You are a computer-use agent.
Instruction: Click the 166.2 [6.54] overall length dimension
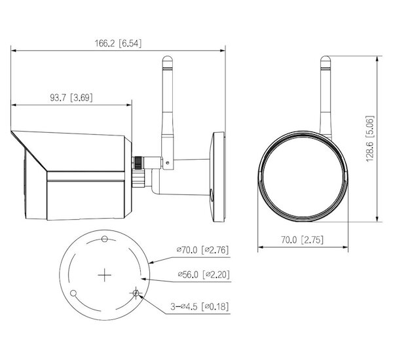pos(118,43)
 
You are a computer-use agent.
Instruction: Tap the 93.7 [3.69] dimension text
pos(71,98)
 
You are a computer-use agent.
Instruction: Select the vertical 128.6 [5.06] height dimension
pos(370,139)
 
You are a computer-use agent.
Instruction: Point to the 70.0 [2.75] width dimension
pos(302,240)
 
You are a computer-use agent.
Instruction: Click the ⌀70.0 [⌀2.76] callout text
pos(202,250)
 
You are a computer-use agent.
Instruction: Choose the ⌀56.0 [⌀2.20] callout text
pos(204,274)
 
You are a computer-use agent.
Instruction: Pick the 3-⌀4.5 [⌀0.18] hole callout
pos(200,306)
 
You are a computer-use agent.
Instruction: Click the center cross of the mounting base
pos(105,276)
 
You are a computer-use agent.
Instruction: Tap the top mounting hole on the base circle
pos(105,239)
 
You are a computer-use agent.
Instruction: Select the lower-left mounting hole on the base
pos(73,293)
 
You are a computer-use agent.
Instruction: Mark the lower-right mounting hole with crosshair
pos(136,293)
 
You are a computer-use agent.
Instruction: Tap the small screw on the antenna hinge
pos(168,163)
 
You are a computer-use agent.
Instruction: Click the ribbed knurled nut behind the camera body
pos(138,163)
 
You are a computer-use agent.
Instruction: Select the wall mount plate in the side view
pos(219,177)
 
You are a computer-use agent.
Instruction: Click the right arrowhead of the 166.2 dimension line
pos(222,50)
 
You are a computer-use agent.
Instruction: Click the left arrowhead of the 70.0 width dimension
pos(261,247)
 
